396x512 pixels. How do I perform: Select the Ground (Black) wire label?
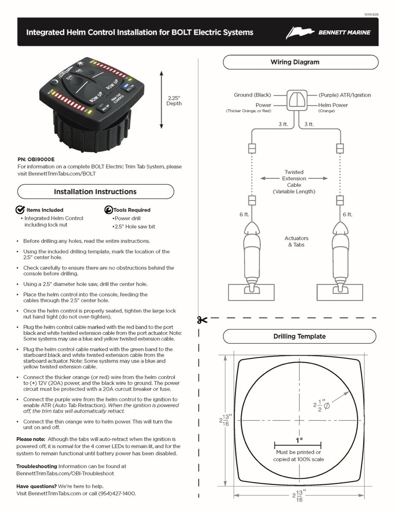pos(252,95)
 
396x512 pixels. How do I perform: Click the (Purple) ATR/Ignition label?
pos(345,95)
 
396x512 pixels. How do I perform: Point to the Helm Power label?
pos(333,105)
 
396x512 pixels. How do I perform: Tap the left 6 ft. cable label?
pos(244,215)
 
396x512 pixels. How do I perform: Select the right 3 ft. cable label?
pos(309,125)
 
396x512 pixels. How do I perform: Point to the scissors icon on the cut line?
pos(202,320)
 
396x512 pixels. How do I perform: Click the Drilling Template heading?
pos(299,336)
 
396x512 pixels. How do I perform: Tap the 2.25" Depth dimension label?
pos(174,100)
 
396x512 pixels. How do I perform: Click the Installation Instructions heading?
pos(95,192)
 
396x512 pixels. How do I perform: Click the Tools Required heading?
pos(132,210)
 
